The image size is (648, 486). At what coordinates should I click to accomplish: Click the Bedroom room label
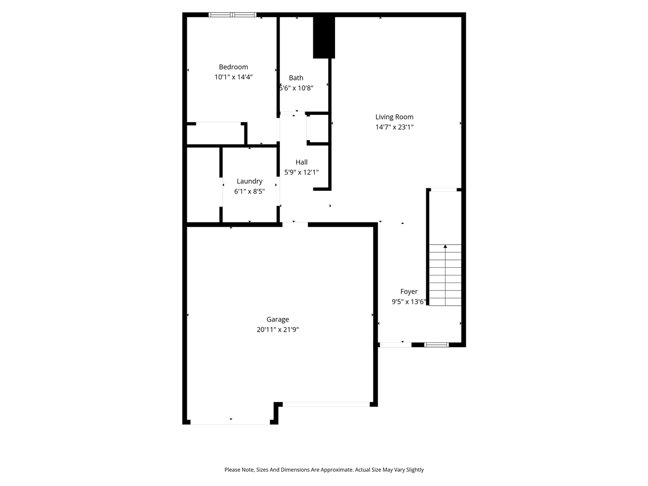[x=233, y=67]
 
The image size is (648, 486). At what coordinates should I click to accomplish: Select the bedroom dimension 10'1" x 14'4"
[x=233, y=77]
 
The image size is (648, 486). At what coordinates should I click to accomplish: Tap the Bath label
[x=296, y=78]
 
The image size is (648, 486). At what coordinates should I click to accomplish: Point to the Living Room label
[x=394, y=117]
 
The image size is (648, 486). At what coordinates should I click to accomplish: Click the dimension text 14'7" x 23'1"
[x=394, y=127]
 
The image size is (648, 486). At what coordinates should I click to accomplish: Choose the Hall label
[x=302, y=162]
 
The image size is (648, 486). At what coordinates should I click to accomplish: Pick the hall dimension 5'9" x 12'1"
[x=302, y=172]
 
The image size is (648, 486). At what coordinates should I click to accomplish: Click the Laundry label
[x=250, y=181]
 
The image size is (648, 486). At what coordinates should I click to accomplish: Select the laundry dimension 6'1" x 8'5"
[x=250, y=191]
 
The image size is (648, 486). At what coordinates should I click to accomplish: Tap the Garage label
[x=278, y=319]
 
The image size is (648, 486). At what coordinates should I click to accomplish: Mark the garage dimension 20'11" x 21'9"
[x=278, y=330]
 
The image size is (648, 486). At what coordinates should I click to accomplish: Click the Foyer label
[x=409, y=292]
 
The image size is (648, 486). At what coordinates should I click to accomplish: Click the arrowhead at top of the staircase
[x=445, y=247]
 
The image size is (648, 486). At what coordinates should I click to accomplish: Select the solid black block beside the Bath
[x=324, y=38]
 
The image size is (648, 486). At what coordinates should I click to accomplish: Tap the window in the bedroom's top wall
[x=232, y=15]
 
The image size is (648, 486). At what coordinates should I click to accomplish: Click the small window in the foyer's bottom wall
[x=436, y=345]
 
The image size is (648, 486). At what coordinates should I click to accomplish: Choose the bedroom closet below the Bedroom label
[x=216, y=134]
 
